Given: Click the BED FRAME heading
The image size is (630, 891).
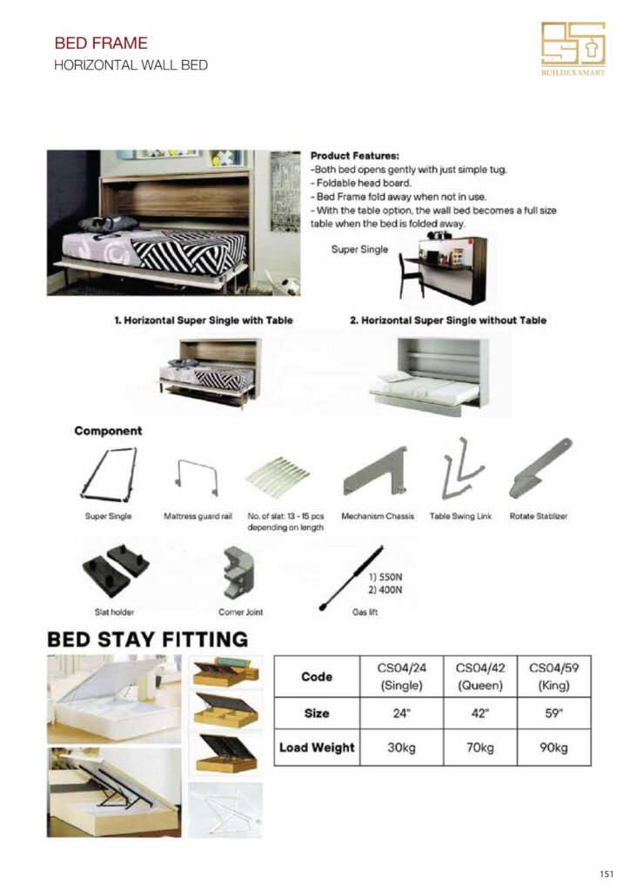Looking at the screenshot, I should click(101, 43).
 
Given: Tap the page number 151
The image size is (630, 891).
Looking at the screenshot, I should click(607, 874).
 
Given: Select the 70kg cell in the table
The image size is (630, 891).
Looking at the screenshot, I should click(479, 747).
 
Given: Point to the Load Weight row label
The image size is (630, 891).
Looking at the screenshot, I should click(317, 747).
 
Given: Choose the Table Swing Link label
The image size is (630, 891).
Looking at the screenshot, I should click(460, 516).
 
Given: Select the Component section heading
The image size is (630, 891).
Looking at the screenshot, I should click(108, 431).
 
